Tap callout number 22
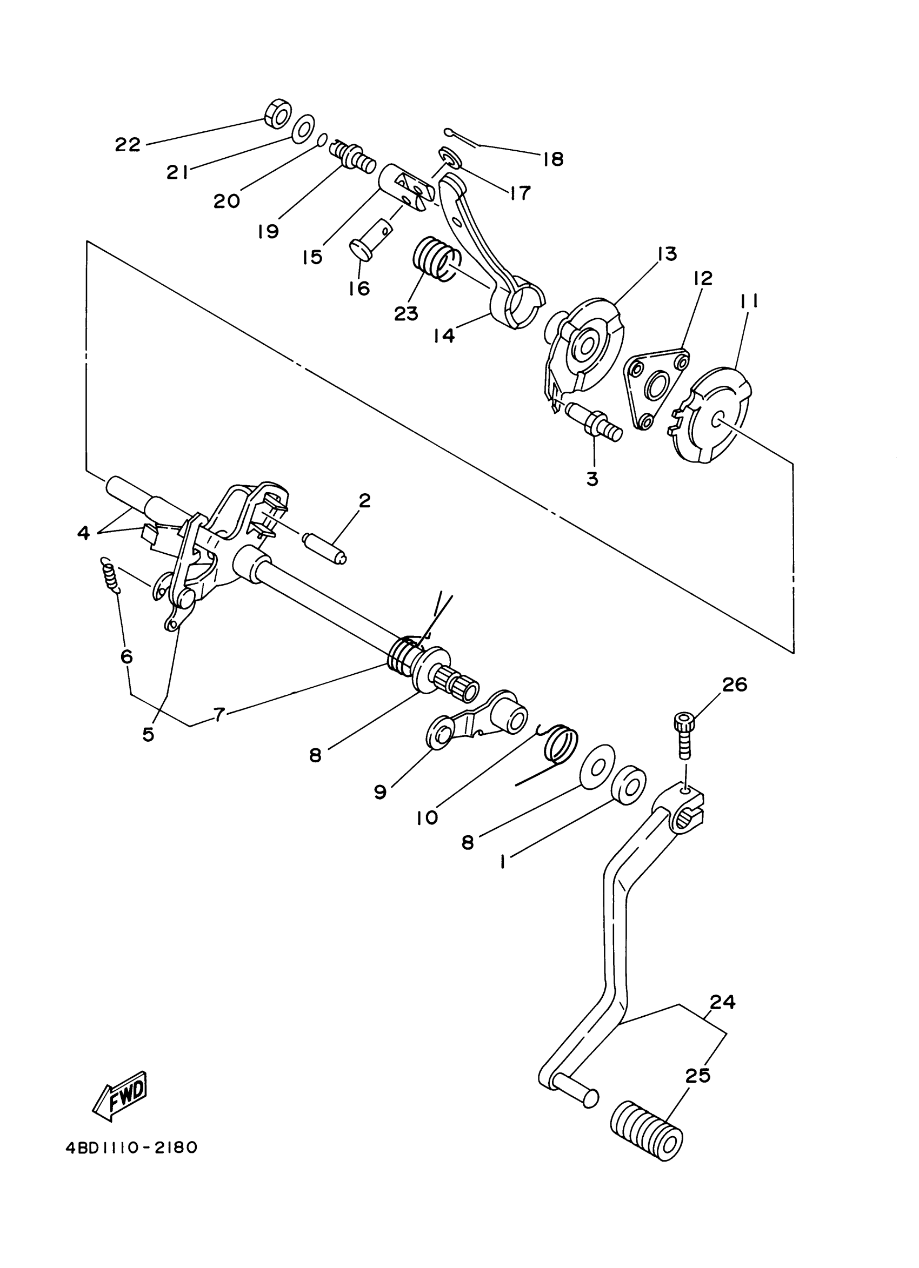click(x=128, y=145)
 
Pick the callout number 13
click(x=667, y=254)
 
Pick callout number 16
click(x=358, y=289)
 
